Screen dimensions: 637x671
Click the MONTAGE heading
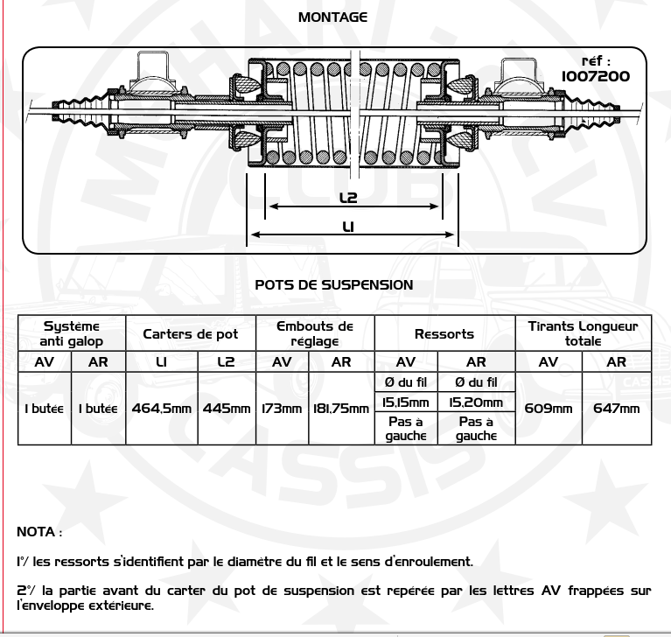click(332, 17)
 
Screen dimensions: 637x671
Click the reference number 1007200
click(596, 76)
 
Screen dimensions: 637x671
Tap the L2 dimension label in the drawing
click(348, 198)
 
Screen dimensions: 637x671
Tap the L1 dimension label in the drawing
click(348, 227)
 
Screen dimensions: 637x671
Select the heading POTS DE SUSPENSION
click(334, 284)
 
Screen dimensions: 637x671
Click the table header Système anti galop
click(72, 333)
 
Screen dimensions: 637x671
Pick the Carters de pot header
click(190, 333)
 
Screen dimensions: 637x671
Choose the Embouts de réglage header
click(314, 333)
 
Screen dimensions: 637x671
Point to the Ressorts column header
click(444, 333)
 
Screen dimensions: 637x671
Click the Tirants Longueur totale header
click(583, 333)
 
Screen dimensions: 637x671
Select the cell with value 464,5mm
click(162, 409)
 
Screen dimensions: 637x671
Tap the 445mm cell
click(227, 409)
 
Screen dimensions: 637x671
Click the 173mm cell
click(282, 409)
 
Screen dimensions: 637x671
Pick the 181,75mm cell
click(340, 409)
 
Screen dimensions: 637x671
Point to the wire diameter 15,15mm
click(406, 402)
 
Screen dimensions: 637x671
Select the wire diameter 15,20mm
click(476, 402)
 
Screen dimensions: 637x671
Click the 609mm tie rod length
click(549, 409)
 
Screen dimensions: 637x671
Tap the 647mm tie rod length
click(617, 409)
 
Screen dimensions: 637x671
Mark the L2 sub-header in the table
click(227, 362)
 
